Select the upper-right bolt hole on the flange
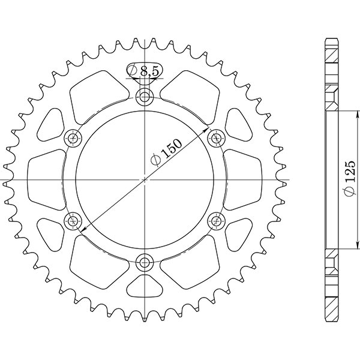click(216, 139)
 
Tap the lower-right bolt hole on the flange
click(216, 221)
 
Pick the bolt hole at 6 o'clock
click(145, 262)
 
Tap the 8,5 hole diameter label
click(149, 71)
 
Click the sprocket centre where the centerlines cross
click(145, 180)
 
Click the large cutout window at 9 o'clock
click(47, 180)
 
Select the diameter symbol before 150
click(155, 160)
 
